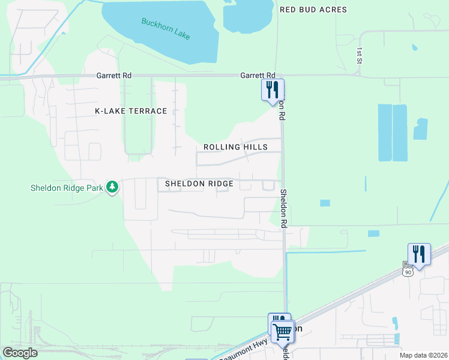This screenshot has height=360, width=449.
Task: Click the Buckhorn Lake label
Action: click(166, 29)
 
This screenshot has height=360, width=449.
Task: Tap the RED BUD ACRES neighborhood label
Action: click(313, 10)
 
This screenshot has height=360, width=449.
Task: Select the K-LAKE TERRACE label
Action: click(131, 111)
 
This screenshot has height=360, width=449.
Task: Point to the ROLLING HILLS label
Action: click(235, 147)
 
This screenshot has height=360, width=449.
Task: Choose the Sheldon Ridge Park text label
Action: click(67, 188)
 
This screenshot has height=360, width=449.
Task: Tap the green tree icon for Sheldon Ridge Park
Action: click(112, 188)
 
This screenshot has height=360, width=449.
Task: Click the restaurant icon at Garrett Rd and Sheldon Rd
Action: click(273, 90)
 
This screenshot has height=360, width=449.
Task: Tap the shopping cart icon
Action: click(282, 331)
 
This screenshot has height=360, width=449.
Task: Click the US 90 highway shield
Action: click(408, 271)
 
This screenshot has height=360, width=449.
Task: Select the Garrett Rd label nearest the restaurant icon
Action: click(253, 76)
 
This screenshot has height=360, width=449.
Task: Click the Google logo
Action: click(19, 353)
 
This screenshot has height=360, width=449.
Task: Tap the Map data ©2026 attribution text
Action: click(423, 355)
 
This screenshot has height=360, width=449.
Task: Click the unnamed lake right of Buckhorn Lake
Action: click(249, 16)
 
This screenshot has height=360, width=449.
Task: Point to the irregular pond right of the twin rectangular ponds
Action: click(420, 129)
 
